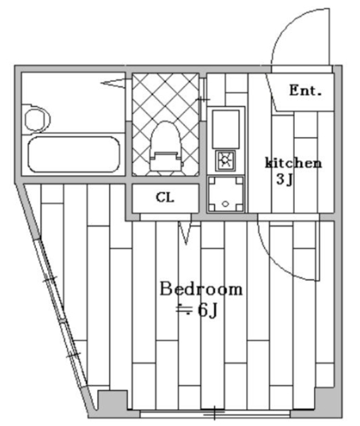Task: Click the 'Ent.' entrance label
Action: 305,91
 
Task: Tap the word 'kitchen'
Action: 293,163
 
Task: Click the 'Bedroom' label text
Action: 200,290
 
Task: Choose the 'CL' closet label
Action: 164,197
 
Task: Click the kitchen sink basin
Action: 226,128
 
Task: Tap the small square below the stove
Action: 226,194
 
